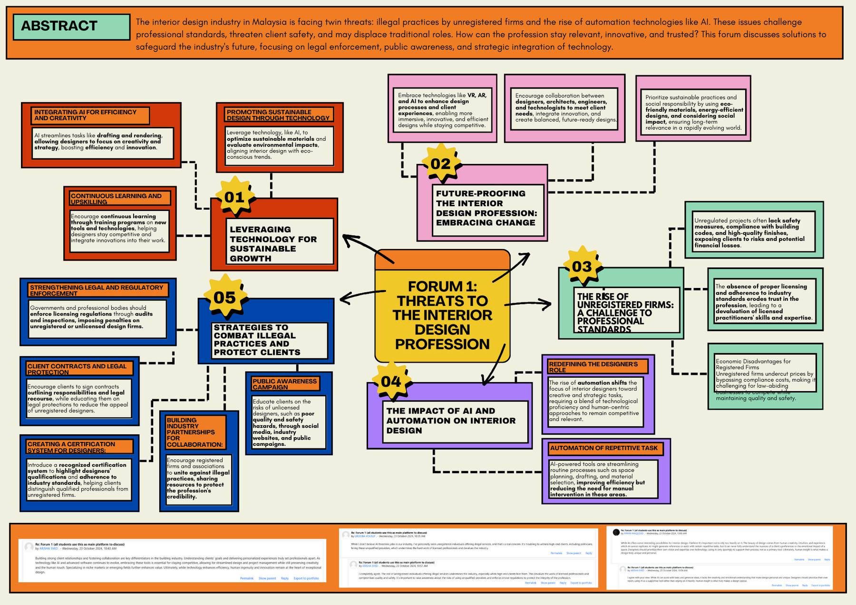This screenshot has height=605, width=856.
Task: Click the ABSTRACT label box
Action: (71, 27)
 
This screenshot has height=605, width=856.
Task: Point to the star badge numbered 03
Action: (582, 267)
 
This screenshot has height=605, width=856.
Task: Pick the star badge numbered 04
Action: (391, 381)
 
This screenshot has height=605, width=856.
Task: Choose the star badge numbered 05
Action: (224, 297)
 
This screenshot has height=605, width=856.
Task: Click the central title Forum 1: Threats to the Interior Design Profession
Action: (442, 315)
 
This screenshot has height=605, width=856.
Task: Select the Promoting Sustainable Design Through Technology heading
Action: (278, 115)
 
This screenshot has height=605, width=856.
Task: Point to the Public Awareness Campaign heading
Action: (284, 384)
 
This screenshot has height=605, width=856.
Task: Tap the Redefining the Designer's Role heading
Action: (597, 366)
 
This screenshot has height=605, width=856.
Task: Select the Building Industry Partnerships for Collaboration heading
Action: (195, 432)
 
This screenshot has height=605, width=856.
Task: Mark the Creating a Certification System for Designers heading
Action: (79, 447)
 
